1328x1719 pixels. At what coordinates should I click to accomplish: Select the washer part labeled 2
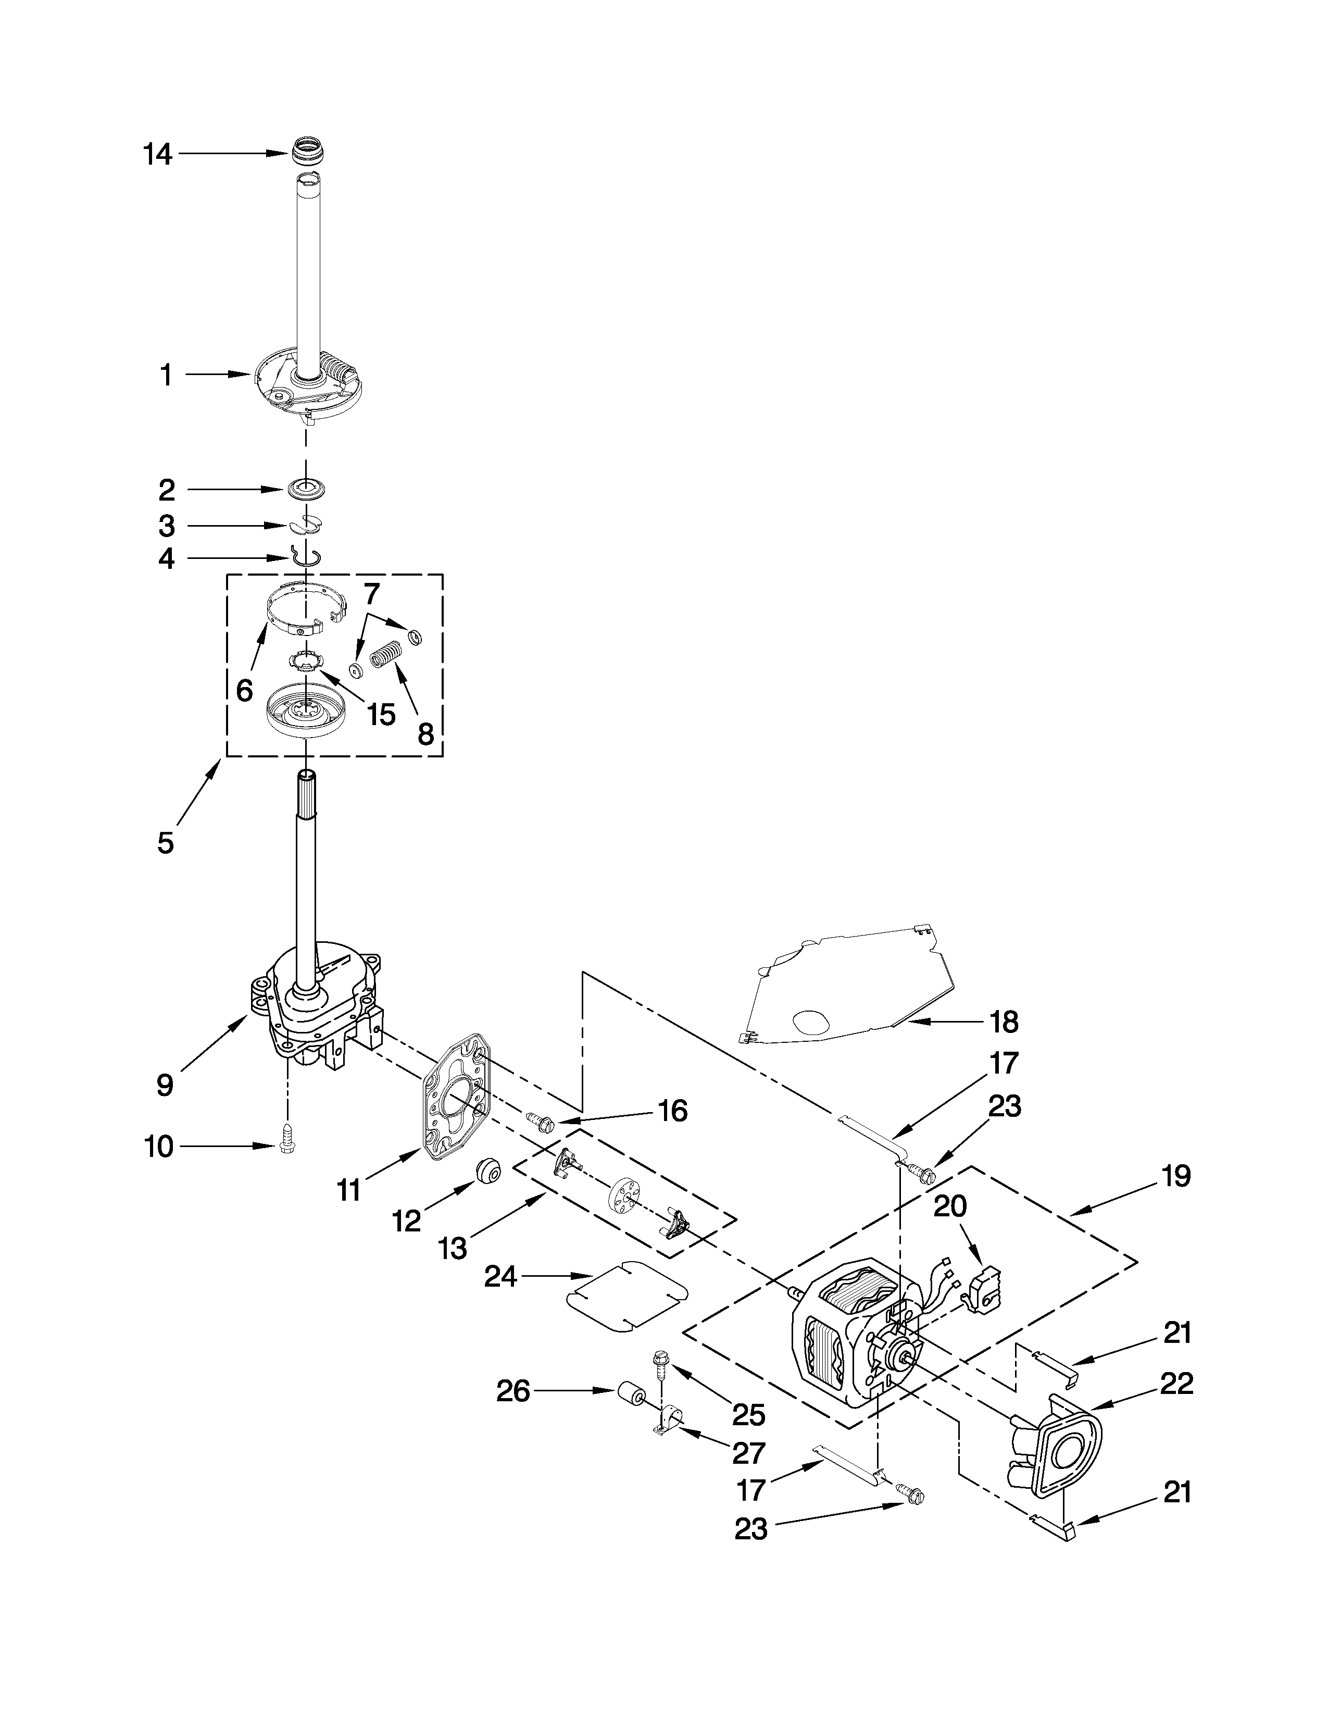point(306,489)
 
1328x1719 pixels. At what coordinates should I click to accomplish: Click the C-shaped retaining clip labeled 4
point(305,554)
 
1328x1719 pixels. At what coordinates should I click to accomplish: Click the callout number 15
point(381,715)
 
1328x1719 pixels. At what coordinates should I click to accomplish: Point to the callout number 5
point(165,842)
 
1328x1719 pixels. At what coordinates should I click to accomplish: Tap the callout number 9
point(165,1085)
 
